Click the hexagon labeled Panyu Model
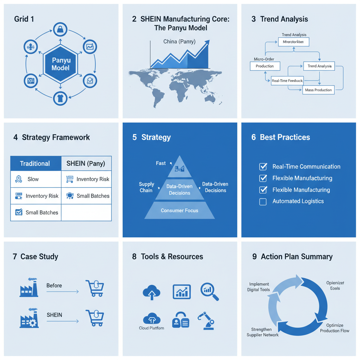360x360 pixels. tap(60, 64)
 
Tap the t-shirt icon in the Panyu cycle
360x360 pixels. tap(60, 98)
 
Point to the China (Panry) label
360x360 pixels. tap(179, 42)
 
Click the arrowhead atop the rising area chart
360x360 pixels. tap(206, 43)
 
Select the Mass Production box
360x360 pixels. tap(318, 90)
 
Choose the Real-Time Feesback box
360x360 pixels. tap(287, 81)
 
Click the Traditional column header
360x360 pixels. tap(35, 163)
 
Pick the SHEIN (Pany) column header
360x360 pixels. tap(86, 163)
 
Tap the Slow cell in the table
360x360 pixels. tap(33, 179)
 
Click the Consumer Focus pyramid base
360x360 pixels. tap(179, 211)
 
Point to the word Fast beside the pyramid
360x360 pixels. tap(161, 163)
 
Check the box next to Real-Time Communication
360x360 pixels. tap(263, 167)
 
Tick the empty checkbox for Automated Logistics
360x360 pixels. tap(263, 201)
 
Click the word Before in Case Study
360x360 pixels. tap(54, 285)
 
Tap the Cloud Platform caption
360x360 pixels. tap(152, 328)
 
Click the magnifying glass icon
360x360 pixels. tap(209, 292)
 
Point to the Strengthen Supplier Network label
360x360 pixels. tap(262, 332)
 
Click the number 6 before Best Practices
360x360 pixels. tap(253, 137)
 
